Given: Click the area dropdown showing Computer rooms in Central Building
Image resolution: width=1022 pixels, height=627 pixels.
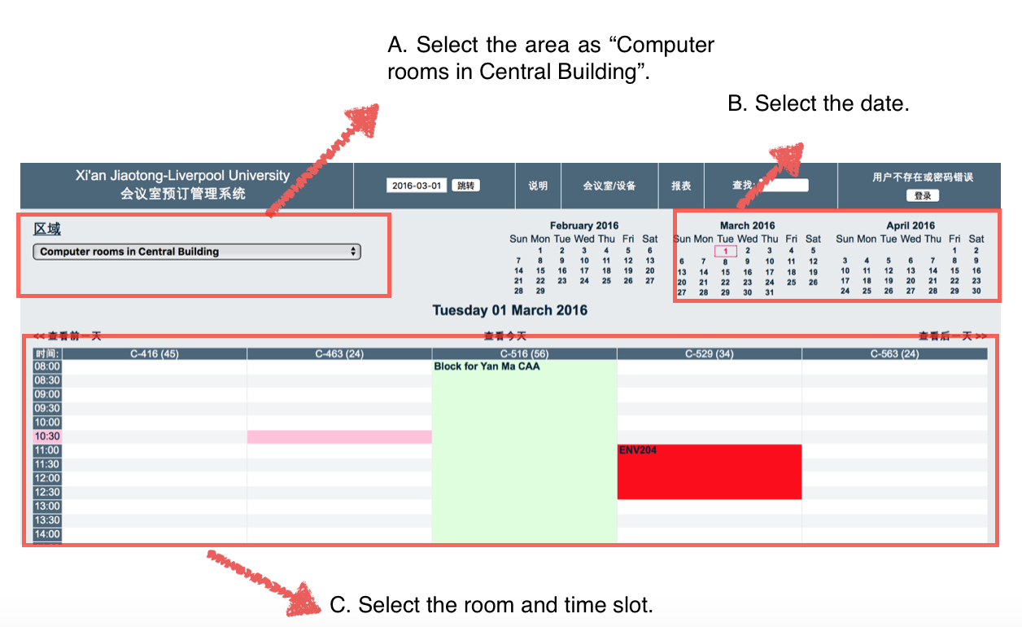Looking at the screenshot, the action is (196, 252).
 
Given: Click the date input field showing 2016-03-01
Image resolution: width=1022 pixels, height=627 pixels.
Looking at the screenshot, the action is (417, 186).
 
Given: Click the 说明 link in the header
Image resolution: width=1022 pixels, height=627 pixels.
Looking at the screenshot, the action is (538, 186).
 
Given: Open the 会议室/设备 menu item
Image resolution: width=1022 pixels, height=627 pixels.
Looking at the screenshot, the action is (609, 186).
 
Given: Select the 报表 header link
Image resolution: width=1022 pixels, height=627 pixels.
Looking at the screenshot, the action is (681, 186).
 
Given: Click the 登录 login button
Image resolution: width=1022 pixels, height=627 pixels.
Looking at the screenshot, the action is (923, 195).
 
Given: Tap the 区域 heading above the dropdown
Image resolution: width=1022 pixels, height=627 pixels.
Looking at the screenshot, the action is (47, 229).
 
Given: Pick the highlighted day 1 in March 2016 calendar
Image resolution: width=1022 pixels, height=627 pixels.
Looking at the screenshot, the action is (725, 251).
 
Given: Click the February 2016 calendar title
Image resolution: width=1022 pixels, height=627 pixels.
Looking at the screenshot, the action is (583, 226).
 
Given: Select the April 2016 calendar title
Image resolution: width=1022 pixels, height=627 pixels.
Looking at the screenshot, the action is (911, 226).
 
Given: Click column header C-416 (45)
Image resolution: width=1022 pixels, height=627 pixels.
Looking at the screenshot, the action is (155, 353).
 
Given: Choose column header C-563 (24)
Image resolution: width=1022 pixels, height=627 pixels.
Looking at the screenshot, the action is (894, 353).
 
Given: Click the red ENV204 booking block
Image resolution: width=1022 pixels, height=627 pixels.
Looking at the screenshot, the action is (709, 472).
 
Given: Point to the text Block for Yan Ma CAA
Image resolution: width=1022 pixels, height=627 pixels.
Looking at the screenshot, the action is (487, 366).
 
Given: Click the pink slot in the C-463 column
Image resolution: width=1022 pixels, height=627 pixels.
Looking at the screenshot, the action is (339, 437).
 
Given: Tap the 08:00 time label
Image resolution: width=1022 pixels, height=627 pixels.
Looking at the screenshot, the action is (47, 366).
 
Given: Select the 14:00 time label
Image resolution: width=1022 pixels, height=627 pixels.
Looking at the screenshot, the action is (47, 534).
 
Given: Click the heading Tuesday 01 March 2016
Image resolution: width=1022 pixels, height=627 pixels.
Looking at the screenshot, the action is (509, 310).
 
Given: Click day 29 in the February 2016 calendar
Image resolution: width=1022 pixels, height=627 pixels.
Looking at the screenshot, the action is (540, 291).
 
